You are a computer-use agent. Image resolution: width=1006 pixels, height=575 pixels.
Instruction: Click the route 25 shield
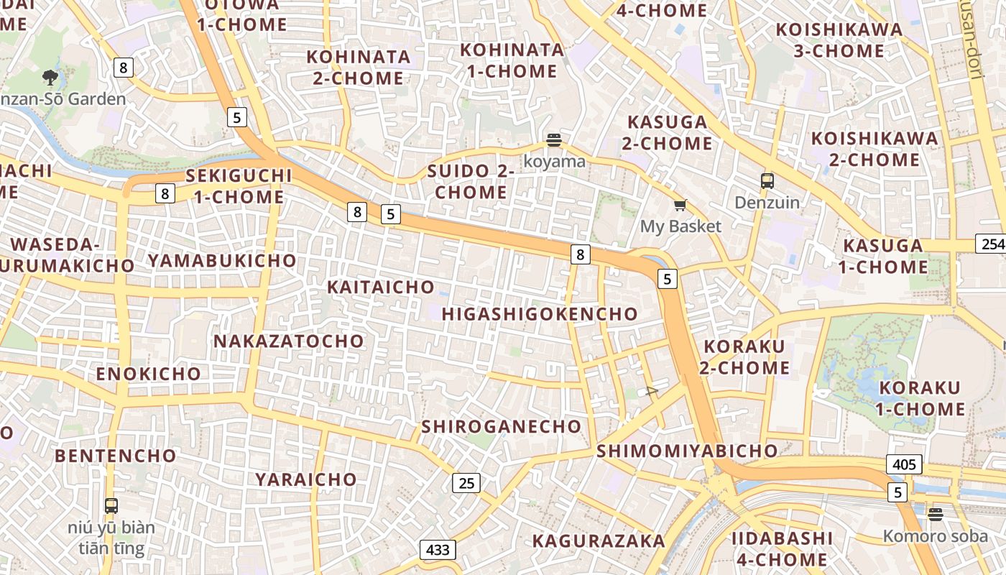(x=466, y=483)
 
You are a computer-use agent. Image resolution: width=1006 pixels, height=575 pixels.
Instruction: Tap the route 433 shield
(x=437, y=551)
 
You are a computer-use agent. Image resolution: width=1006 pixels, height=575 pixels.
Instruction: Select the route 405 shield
(x=903, y=464)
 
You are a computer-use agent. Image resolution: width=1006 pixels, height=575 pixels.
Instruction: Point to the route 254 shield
(x=992, y=244)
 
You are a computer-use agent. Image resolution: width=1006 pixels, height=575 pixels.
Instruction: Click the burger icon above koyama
(x=553, y=139)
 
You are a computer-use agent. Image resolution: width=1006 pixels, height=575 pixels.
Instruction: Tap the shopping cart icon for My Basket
(x=680, y=206)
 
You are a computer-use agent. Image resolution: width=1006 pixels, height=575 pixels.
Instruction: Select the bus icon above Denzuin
(x=767, y=181)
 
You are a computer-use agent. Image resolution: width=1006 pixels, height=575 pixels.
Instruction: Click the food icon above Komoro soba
(x=935, y=515)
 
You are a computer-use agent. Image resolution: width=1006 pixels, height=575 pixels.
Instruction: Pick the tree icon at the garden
(x=50, y=76)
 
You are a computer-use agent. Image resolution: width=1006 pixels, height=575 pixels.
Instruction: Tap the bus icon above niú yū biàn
(x=111, y=505)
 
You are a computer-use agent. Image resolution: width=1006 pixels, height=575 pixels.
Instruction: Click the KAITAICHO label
(x=381, y=287)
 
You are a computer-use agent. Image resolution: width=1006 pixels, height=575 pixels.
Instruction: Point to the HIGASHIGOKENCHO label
(x=540, y=314)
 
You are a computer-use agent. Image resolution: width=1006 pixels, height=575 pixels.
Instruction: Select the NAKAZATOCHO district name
(x=289, y=341)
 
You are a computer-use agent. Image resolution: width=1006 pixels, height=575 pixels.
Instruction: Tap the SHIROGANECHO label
(x=502, y=426)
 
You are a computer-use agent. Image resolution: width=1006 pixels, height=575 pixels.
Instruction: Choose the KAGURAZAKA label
(x=599, y=541)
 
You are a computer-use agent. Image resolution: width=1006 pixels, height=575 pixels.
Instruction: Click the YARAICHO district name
(x=306, y=479)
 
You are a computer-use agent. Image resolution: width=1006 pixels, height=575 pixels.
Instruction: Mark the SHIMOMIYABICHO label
(x=687, y=451)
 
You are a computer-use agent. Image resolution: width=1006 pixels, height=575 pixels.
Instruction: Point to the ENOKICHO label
(x=149, y=374)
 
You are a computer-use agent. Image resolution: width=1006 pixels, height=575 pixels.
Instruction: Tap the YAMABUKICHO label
(x=222, y=260)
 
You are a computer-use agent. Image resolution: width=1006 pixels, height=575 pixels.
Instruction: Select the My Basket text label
(x=680, y=226)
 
